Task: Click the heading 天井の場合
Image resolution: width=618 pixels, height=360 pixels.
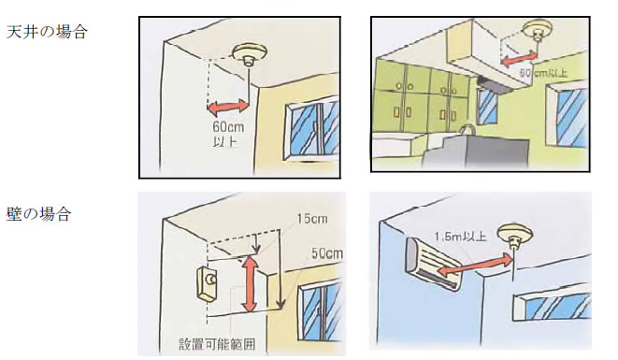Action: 47,32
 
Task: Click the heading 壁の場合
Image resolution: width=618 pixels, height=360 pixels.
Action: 38,214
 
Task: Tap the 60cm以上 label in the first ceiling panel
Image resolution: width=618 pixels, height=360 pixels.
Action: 228,134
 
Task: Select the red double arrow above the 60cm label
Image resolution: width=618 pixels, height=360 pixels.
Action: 228,108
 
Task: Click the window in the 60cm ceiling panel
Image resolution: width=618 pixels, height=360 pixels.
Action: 311,129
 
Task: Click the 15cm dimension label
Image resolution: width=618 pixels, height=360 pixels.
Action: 312,219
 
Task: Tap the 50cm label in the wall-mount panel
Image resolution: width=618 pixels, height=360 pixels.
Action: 326,253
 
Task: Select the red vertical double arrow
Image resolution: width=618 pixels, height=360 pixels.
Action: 250,283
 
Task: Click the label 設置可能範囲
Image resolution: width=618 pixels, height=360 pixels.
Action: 217,344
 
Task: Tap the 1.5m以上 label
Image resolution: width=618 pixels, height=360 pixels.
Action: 460,237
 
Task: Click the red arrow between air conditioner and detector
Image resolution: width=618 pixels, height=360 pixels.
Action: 476,265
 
